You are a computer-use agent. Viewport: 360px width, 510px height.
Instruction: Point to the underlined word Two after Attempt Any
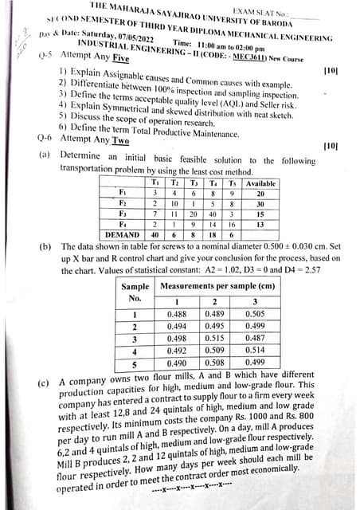(121, 139)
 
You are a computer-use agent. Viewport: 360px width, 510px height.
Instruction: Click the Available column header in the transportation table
(260, 182)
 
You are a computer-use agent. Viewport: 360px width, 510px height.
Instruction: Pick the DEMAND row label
(122, 234)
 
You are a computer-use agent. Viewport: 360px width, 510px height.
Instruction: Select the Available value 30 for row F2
(260, 203)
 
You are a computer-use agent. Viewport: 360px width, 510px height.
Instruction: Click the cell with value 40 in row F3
(213, 214)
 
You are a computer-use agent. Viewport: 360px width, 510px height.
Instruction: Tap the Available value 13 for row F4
(260, 224)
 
